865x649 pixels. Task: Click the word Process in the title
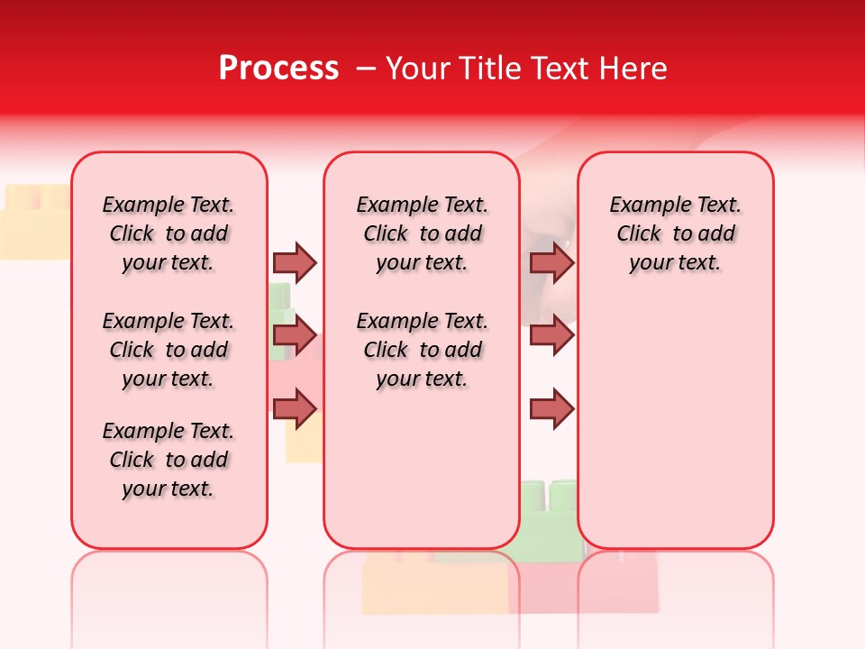(278, 69)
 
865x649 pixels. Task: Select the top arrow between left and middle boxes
(295, 262)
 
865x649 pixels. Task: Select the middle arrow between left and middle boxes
(295, 336)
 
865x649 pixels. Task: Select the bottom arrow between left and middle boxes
(295, 409)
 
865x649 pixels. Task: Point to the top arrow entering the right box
(551, 262)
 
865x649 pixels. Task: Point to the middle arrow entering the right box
(551, 336)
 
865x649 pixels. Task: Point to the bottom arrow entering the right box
(551, 409)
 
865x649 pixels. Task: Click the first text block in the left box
(168, 233)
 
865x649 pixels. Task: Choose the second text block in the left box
(168, 350)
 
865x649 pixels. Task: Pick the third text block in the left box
(168, 460)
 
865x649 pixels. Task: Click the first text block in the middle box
(422, 233)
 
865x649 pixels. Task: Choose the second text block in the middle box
(422, 350)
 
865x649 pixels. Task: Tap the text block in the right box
(675, 233)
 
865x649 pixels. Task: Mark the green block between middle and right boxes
(548, 514)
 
